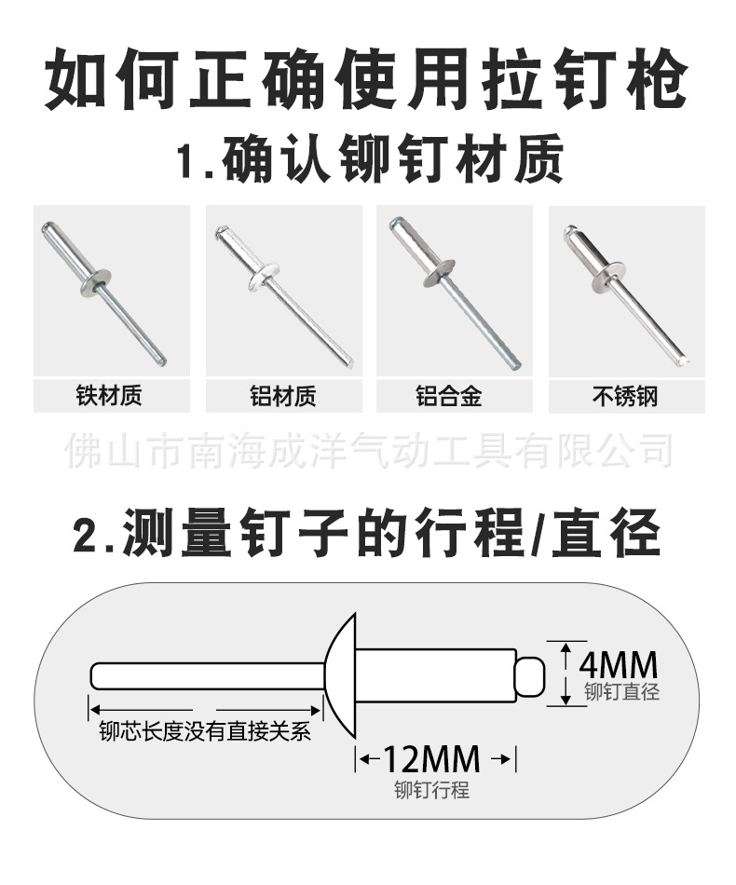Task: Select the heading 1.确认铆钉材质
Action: tap(369, 160)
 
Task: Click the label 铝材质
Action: tap(283, 396)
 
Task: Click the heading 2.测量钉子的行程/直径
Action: tap(367, 534)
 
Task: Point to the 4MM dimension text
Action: tap(618, 665)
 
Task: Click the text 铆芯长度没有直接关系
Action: tap(205, 732)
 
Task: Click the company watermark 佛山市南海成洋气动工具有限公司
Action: tap(368, 452)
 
